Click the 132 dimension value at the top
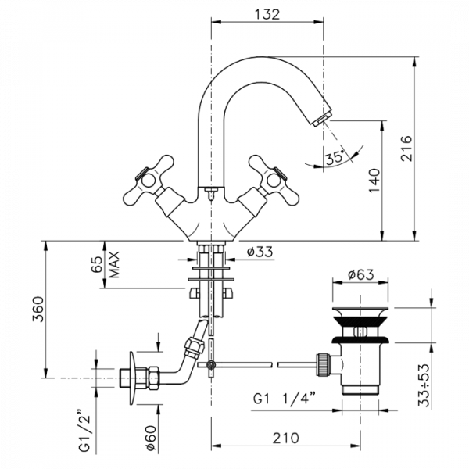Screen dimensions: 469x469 tap(267, 14)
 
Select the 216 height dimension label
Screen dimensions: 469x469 tap(406, 149)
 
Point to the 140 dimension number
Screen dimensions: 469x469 tap(374, 181)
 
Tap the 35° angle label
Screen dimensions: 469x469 tap(335, 158)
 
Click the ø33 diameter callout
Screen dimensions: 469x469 tap(260, 252)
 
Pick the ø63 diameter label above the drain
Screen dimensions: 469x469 tap(360, 274)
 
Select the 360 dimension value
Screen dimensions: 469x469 tap(38, 309)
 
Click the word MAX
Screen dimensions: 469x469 tap(114, 264)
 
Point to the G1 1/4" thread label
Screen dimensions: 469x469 tap(285, 399)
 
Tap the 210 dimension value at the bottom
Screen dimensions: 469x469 tap(285, 438)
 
